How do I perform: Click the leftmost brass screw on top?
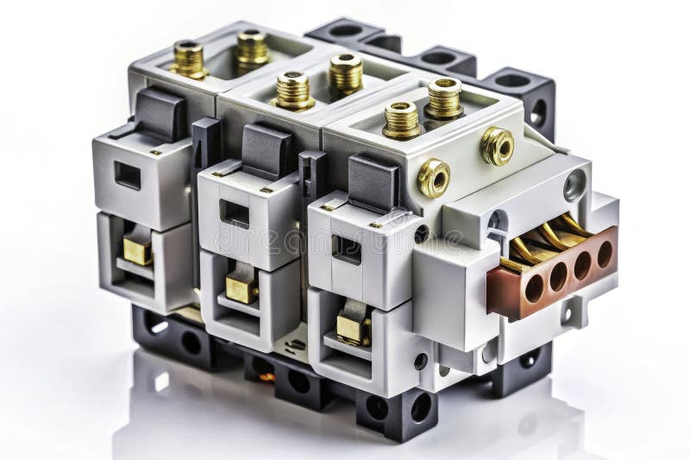(x=188, y=59)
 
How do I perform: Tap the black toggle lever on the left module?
(x=160, y=113)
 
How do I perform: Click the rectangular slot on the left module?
(x=128, y=175)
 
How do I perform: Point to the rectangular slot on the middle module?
(x=235, y=212)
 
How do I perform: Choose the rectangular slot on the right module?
(x=347, y=249)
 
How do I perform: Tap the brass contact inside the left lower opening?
(x=137, y=250)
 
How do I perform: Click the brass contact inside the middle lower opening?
(x=241, y=288)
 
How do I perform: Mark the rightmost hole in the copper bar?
(x=605, y=253)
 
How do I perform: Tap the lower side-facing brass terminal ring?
(x=433, y=178)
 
